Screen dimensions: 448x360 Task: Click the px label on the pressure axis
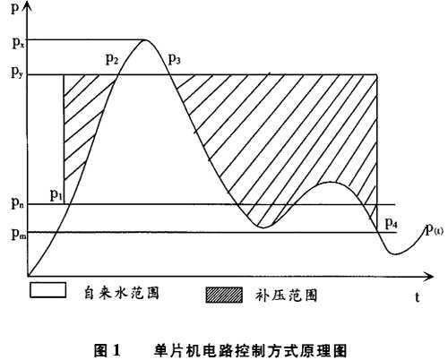click(18, 44)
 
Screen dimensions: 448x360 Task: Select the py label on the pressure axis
click(17, 73)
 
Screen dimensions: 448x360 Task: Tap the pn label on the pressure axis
click(19, 203)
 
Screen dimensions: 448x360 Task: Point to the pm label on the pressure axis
click(19, 234)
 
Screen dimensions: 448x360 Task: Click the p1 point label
click(56, 195)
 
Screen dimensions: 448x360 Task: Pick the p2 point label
click(112, 59)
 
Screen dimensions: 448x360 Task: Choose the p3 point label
click(175, 59)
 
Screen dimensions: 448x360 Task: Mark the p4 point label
click(392, 223)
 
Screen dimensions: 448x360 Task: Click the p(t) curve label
click(435, 229)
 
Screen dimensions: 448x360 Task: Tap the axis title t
click(418, 297)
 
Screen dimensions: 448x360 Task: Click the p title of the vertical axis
click(15, 8)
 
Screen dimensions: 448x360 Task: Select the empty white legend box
click(47, 289)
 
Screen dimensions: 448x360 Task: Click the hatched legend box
click(224, 295)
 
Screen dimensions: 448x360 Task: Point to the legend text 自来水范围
click(121, 293)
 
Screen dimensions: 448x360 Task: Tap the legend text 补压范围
click(286, 296)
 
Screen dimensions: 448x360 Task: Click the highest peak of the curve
click(145, 39)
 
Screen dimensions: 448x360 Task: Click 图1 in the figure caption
click(108, 350)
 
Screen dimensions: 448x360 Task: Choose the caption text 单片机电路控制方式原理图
click(251, 350)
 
